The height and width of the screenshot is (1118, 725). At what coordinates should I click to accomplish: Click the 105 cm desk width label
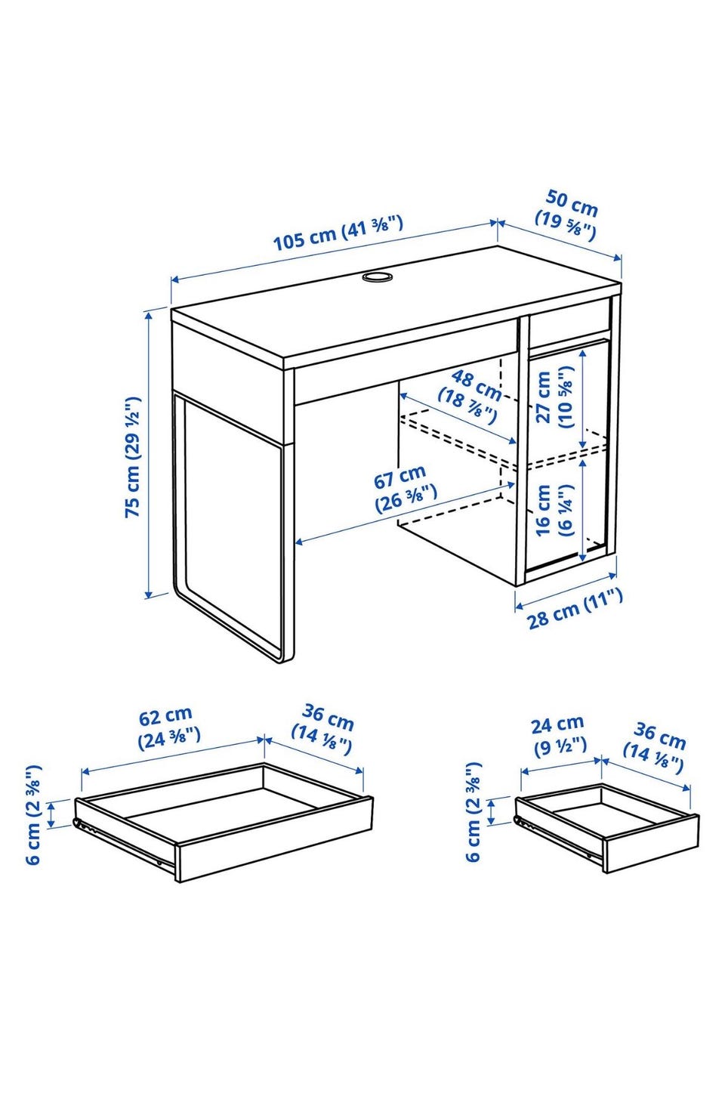338,233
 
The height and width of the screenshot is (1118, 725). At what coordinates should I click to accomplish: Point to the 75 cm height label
133,457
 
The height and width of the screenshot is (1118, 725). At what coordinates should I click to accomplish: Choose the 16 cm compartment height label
554,510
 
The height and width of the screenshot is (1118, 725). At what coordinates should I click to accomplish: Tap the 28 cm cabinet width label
575,608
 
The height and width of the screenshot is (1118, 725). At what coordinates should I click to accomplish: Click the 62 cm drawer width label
168,727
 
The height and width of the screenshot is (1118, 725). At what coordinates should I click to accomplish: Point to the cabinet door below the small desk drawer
568,455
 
